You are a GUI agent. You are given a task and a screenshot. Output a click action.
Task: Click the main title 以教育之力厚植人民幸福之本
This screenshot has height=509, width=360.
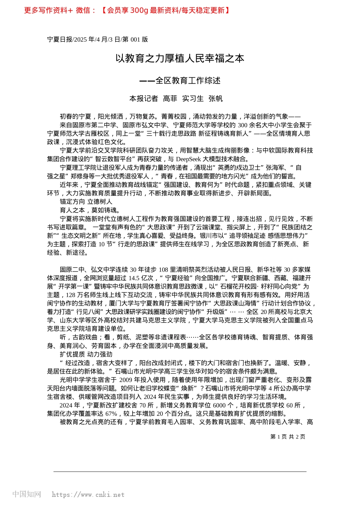180,58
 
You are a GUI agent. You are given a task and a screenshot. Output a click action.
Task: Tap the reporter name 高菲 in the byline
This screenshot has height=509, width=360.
170,99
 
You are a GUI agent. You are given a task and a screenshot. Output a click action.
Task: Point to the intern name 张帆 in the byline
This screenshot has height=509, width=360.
216,99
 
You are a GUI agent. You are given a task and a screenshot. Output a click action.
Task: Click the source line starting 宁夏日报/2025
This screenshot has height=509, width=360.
97,39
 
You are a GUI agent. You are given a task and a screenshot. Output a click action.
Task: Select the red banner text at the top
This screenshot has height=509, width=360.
127,10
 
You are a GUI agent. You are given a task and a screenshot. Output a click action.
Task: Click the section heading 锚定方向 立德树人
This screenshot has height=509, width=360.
86,202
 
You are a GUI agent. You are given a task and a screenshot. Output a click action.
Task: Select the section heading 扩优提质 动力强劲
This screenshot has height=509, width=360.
86,354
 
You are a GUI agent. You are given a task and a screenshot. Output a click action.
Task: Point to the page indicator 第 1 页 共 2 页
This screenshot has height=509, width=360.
288,437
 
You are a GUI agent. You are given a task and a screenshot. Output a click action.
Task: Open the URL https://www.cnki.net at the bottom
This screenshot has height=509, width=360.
88,495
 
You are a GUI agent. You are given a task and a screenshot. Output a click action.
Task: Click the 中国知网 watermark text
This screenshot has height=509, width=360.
27,494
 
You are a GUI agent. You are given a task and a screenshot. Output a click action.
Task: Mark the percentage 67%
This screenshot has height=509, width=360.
111,414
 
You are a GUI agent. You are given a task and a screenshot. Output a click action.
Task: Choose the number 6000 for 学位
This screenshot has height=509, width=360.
219,405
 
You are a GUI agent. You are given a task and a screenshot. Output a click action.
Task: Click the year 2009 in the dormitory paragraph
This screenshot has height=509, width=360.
125,380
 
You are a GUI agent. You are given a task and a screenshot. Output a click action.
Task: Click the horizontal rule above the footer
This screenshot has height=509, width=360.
180,472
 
